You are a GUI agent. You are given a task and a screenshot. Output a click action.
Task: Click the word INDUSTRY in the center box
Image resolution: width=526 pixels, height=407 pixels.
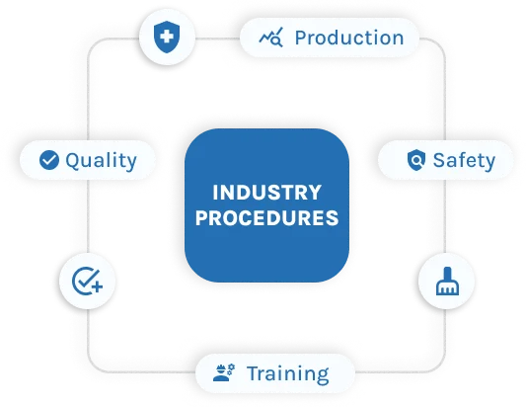coord(267,193)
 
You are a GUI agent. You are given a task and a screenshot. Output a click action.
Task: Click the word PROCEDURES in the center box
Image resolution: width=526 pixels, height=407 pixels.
coord(267,217)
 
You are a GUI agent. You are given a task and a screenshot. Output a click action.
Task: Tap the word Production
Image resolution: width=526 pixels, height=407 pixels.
coord(349,38)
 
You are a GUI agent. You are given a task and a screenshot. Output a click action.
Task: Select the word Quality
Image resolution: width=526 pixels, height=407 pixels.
coord(102,160)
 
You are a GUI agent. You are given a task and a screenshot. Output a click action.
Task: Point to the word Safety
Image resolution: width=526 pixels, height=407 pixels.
coord(464,160)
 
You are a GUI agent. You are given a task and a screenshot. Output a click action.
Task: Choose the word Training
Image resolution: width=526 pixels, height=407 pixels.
coord(288,373)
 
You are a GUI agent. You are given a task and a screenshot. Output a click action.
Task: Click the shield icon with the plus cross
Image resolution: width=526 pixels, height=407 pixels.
coord(167,37)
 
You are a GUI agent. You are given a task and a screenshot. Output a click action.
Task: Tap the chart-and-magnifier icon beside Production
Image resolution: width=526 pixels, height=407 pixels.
coord(271,38)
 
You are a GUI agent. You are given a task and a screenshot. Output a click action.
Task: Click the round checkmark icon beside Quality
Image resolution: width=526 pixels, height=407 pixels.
coord(49,160)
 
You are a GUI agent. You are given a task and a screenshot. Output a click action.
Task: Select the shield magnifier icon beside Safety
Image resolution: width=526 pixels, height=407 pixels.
coord(416,160)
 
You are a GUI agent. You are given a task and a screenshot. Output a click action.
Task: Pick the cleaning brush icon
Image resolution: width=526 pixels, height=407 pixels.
coord(447,282)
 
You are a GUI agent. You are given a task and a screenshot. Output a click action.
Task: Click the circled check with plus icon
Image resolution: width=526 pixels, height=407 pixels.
coord(87,282)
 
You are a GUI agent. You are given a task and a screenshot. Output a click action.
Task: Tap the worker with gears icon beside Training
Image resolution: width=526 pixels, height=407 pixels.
coord(224,372)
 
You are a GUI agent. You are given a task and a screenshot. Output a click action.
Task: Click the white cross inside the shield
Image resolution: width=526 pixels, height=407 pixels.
coord(167,36)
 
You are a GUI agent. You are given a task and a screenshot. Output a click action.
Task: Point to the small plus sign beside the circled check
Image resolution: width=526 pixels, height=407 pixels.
coord(97,287)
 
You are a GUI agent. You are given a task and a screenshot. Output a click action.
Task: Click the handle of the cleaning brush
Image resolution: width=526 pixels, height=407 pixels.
coord(447,274)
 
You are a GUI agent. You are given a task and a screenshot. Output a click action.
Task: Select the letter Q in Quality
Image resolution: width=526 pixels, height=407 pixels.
coord(72,160)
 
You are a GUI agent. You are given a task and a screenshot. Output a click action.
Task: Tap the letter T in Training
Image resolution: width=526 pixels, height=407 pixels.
coord(255,373)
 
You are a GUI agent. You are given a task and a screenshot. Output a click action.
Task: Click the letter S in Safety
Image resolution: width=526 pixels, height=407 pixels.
coord(439,160)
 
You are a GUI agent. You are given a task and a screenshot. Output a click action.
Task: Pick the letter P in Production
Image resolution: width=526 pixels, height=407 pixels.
coord(301,38)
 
